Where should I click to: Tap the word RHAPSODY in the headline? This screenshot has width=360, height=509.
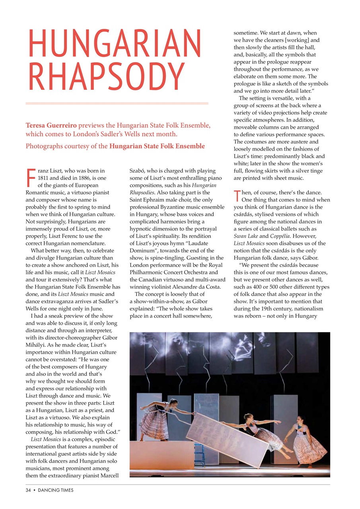tap(105, 77)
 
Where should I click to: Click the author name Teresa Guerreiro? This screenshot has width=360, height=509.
tap(51, 126)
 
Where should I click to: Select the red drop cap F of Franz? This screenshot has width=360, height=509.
tap(30, 178)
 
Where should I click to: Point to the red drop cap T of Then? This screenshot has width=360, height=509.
tap(237, 196)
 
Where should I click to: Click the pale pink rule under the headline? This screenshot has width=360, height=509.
tap(117, 103)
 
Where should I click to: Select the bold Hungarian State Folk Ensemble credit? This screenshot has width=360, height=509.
tap(157, 146)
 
